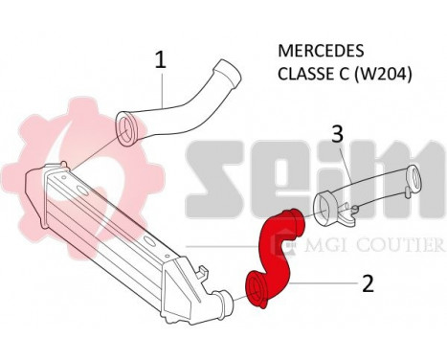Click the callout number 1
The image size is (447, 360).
pyautogui.click(x=161, y=59)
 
